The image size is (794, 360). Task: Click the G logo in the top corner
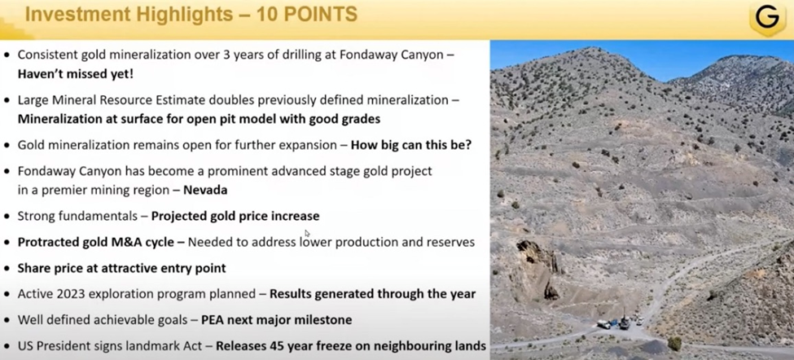[x=767, y=20]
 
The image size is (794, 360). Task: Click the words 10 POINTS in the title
[x=306, y=15]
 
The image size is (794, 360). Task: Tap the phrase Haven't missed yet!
[x=76, y=74]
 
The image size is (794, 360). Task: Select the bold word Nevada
[x=205, y=191]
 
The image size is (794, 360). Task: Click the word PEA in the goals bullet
[x=213, y=320]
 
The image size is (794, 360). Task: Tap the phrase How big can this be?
[x=411, y=145]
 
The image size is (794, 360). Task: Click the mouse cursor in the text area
[x=307, y=233]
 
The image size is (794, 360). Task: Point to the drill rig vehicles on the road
[x=619, y=322]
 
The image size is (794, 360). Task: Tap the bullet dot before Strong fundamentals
[x=7, y=217]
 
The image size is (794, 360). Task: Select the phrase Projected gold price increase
[x=235, y=217]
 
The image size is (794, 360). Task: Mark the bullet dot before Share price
[x=7, y=268]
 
